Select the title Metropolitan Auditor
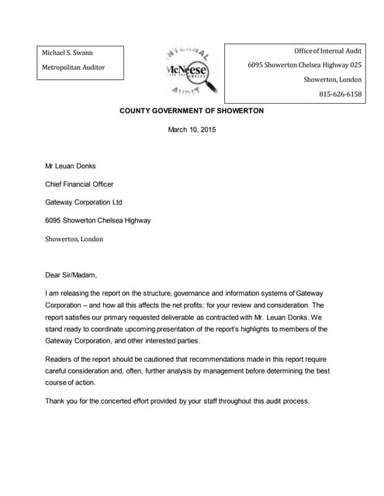point(73,68)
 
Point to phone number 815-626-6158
point(340,94)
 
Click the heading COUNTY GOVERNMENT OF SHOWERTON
point(192,111)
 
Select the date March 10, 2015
point(192,129)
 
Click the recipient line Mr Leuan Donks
point(73,166)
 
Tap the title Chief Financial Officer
point(79,184)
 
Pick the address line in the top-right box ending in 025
point(305,65)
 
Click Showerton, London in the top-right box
point(333,80)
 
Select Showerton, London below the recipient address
point(74,239)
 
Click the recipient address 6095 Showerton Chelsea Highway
point(98,220)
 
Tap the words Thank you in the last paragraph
point(62,401)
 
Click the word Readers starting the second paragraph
point(61,360)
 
